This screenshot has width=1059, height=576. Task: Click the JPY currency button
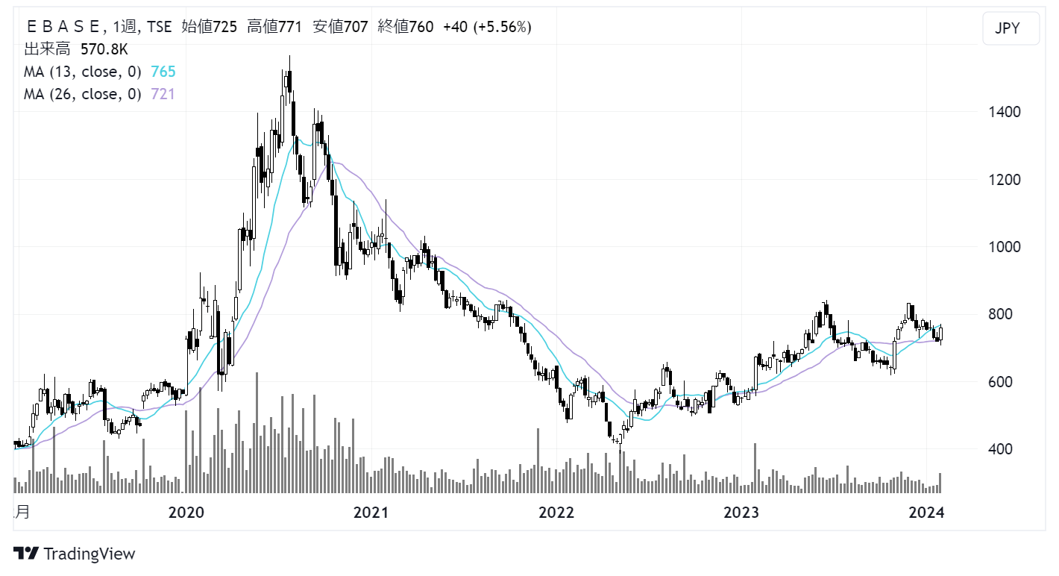1011,29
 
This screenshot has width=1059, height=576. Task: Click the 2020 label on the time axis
186,513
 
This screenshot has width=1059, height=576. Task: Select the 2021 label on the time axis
371,513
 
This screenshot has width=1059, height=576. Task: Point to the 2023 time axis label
741,513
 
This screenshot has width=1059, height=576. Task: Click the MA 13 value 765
163,72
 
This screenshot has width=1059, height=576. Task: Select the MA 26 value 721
163,94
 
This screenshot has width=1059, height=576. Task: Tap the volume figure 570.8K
104,49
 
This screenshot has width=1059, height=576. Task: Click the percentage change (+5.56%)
507,27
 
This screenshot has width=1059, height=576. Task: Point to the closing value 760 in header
421,27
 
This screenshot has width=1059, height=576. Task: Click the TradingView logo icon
27,554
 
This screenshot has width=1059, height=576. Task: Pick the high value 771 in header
289,27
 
